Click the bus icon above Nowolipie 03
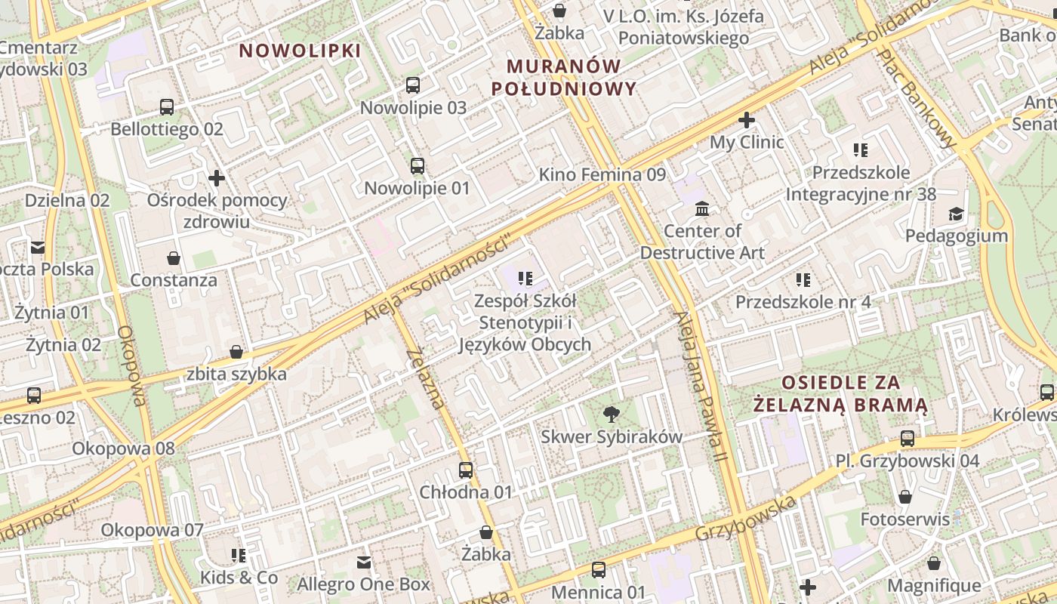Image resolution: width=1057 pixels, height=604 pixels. pyautogui.click(x=413, y=85)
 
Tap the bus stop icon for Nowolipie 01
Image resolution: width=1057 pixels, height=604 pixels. pyautogui.click(x=418, y=166)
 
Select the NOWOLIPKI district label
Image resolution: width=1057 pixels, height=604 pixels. pyautogui.click(x=300, y=51)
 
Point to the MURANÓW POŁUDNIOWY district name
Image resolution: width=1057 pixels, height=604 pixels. pyautogui.click(x=564, y=77)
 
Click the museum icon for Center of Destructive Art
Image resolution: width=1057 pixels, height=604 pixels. pyautogui.click(x=702, y=208)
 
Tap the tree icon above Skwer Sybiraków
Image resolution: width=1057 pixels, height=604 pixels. pyautogui.click(x=611, y=414)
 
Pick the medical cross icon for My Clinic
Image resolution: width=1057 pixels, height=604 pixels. pyautogui.click(x=747, y=120)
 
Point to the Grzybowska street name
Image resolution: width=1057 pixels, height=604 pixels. pyautogui.click(x=746, y=518)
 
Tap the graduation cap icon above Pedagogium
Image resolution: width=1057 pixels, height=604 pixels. pyautogui.click(x=957, y=214)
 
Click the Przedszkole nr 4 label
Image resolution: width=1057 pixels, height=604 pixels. pyautogui.click(x=803, y=302)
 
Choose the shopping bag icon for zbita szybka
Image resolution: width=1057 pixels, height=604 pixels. pyautogui.click(x=236, y=352)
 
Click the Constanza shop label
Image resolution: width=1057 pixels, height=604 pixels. pyautogui.click(x=174, y=280)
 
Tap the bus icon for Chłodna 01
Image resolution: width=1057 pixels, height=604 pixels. pyautogui.click(x=466, y=470)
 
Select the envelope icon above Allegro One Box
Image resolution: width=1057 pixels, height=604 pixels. pyautogui.click(x=364, y=562)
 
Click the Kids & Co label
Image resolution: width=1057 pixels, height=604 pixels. pyautogui.click(x=239, y=578)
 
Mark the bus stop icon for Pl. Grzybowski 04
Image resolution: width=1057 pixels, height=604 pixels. pyautogui.click(x=908, y=439)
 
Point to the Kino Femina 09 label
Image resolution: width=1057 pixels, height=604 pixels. pyautogui.click(x=602, y=174)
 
